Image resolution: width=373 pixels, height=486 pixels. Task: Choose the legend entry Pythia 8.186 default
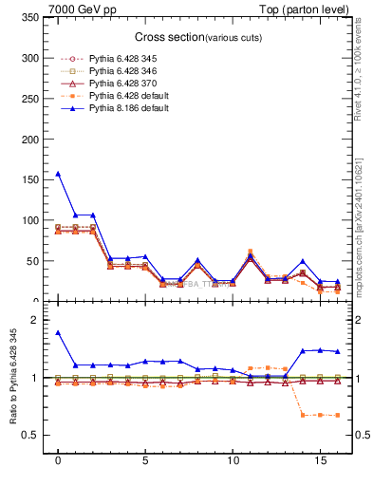[122, 108]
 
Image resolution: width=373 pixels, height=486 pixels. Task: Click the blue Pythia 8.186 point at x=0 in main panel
[58, 174]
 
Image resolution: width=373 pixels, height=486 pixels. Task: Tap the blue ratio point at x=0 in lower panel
[58, 333]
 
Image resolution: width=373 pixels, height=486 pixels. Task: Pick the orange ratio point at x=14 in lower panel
[303, 414]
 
